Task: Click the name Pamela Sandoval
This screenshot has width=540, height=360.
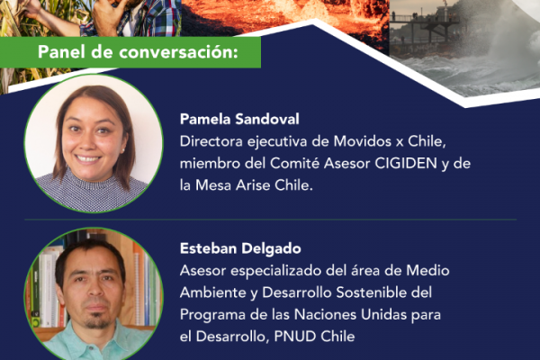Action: click(x=239, y=119)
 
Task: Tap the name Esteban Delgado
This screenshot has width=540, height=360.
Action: click(x=240, y=248)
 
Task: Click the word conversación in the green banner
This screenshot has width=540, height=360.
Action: click(x=179, y=52)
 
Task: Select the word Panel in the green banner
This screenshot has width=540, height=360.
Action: click(x=61, y=52)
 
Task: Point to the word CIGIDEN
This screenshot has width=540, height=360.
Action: click(x=406, y=163)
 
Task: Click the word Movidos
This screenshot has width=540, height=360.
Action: click(x=363, y=141)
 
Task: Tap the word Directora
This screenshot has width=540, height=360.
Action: click(x=211, y=141)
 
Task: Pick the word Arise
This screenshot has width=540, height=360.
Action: click(x=253, y=185)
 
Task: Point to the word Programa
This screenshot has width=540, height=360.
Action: click(x=212, y=314)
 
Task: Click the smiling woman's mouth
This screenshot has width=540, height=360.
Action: click(x=87, y=158)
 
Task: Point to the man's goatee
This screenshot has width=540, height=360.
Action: click(x=97, y=322)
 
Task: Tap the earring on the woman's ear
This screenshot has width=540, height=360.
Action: click(x=122, y=150)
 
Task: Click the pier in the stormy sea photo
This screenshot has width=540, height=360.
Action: click(x=424, y=24)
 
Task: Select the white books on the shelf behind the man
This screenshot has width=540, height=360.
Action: click(x=49, y=290)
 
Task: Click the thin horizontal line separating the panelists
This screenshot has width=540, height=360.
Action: click(x=270, y=219)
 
